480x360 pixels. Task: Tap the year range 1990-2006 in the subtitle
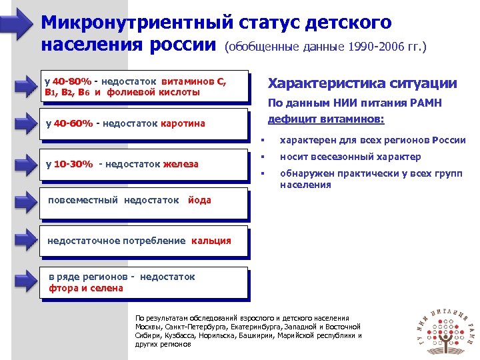coord(366,47)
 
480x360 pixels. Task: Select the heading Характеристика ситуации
coord(362,83)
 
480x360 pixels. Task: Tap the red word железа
coord(181,165)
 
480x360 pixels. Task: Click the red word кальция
coord(211,241)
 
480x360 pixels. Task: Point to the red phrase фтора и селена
coord(86,289)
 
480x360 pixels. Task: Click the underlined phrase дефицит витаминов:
coord(325,118)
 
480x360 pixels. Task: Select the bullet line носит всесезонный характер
coord(350,157)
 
